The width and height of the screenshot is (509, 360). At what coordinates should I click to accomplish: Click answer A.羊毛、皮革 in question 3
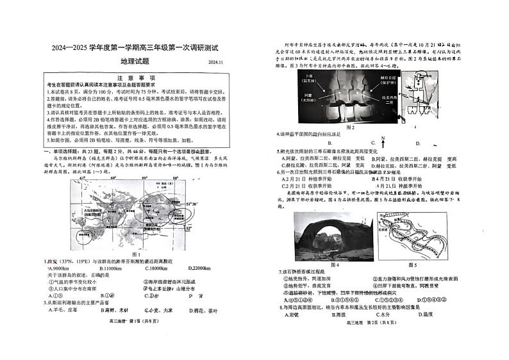tap(67, 311)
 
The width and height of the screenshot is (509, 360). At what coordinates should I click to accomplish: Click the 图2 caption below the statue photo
tap(350, 127)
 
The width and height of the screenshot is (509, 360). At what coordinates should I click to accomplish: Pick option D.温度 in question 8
tap(426, 315)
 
